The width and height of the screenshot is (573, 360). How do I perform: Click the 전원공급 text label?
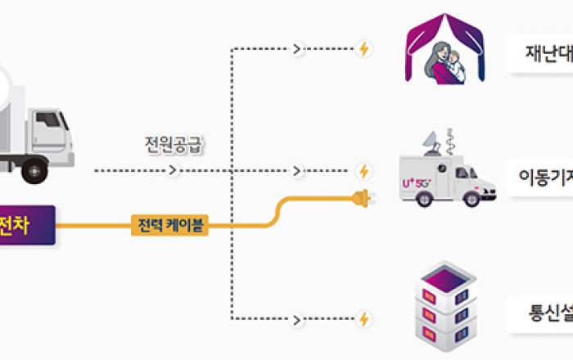tap(172, 146)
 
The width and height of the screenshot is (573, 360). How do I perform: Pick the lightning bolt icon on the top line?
tap(364, 49)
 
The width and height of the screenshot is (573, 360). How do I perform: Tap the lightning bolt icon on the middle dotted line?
tap(364, 171)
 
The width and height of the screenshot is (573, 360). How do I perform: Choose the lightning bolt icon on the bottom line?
tap(364, 317)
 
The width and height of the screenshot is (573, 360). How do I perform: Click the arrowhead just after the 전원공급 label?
tap(173, 171)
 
